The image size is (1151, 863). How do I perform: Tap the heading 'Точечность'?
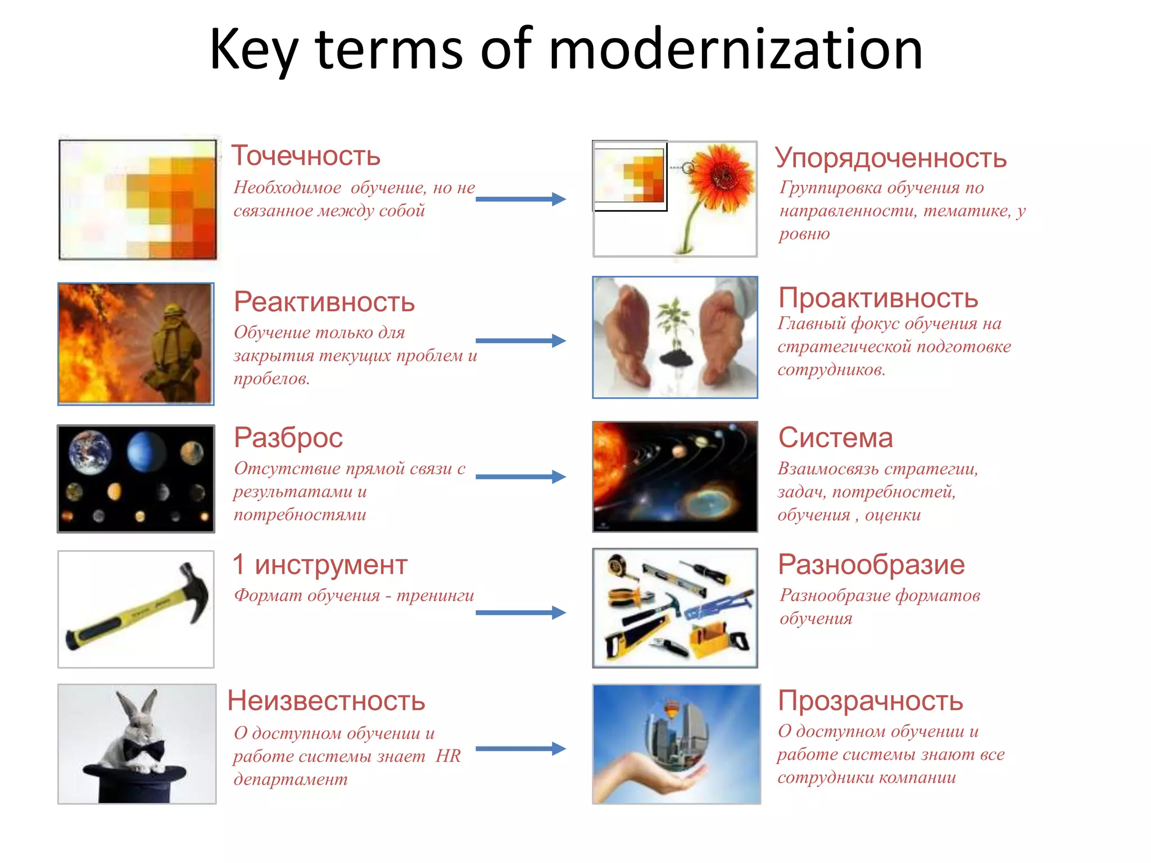306,156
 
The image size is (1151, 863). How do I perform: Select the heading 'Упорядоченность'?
891,158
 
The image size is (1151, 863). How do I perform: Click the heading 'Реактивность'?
324,302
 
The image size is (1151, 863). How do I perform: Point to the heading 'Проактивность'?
878,298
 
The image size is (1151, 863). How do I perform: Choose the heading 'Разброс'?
288,438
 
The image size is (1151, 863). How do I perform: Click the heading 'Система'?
835,438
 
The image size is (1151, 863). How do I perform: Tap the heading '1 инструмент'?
320,565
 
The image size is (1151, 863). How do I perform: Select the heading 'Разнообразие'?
871,565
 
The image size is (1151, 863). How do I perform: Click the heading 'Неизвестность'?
327,701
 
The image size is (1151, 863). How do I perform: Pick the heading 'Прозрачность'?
871,701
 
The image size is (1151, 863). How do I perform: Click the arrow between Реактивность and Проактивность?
520,340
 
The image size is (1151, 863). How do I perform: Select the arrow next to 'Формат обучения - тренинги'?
520,612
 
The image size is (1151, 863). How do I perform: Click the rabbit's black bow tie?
144,749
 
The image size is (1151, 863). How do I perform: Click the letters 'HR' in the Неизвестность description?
448,756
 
